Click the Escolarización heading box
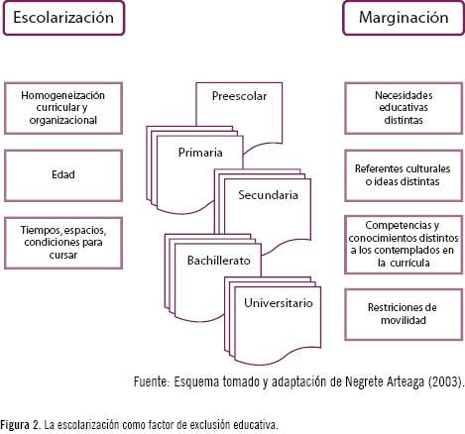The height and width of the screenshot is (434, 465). (x=63, y=18)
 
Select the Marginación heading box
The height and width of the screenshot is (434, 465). (x=404, y=18)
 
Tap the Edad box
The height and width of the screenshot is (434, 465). (x=63, y=175)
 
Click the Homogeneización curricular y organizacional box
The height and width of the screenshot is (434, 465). (x=63, y=108)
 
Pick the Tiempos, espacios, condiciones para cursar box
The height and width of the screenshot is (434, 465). (x=63, y=243)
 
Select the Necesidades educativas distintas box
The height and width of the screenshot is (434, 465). (x=404, y=108)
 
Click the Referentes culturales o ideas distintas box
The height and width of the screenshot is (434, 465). (x=404, y=175)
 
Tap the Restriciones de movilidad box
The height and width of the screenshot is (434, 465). (x=404, y=314)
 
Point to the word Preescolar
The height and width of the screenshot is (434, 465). (x=239, y=96)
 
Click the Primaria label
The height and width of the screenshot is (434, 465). (x=200, y=153)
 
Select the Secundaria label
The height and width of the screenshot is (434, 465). (x=268, y=195)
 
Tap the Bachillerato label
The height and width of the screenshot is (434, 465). (x=218, y=261)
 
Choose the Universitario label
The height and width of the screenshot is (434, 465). (x=279, y=303)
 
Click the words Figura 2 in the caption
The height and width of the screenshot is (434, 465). (x=19, y=425)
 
